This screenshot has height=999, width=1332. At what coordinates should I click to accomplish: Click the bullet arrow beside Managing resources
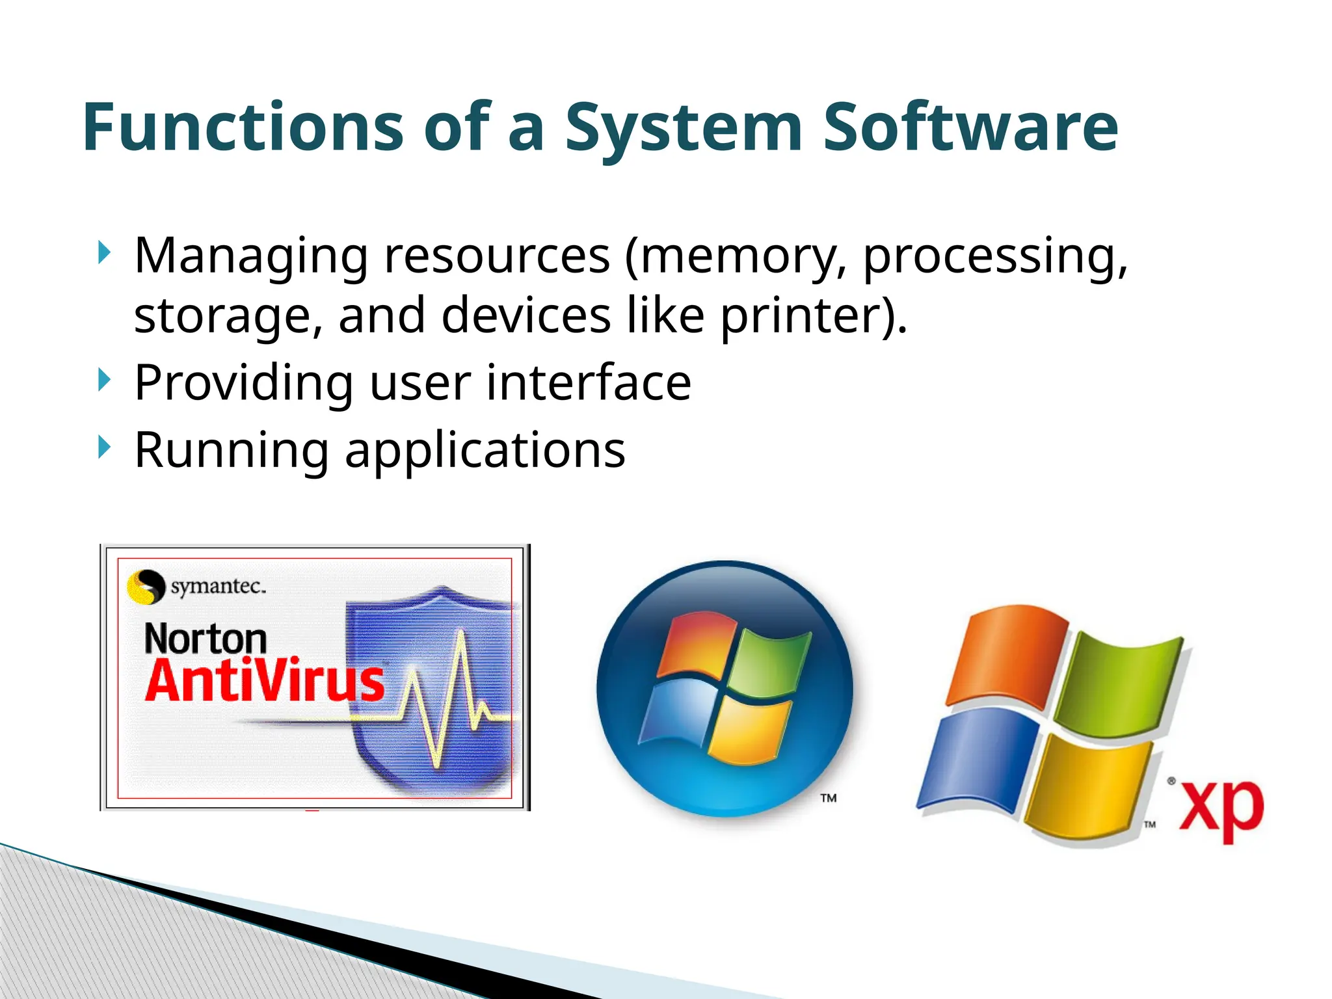(x=104, y=252)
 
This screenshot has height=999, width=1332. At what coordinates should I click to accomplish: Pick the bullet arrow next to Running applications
(x=104, y=447)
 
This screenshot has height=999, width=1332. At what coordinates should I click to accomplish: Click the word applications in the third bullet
(x=485, y=450)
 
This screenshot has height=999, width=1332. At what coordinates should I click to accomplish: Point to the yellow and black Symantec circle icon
(x=146, y=587)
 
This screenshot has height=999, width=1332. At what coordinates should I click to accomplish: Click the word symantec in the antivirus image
(x=219, y=586)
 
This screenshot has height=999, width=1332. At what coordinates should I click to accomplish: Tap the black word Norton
(x=206, y=639)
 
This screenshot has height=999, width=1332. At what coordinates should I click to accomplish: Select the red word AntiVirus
(x=265, y=681)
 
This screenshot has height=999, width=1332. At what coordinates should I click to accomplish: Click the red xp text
(x=1221, y=807)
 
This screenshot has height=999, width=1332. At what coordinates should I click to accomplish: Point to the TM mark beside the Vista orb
(x=828, y=798)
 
